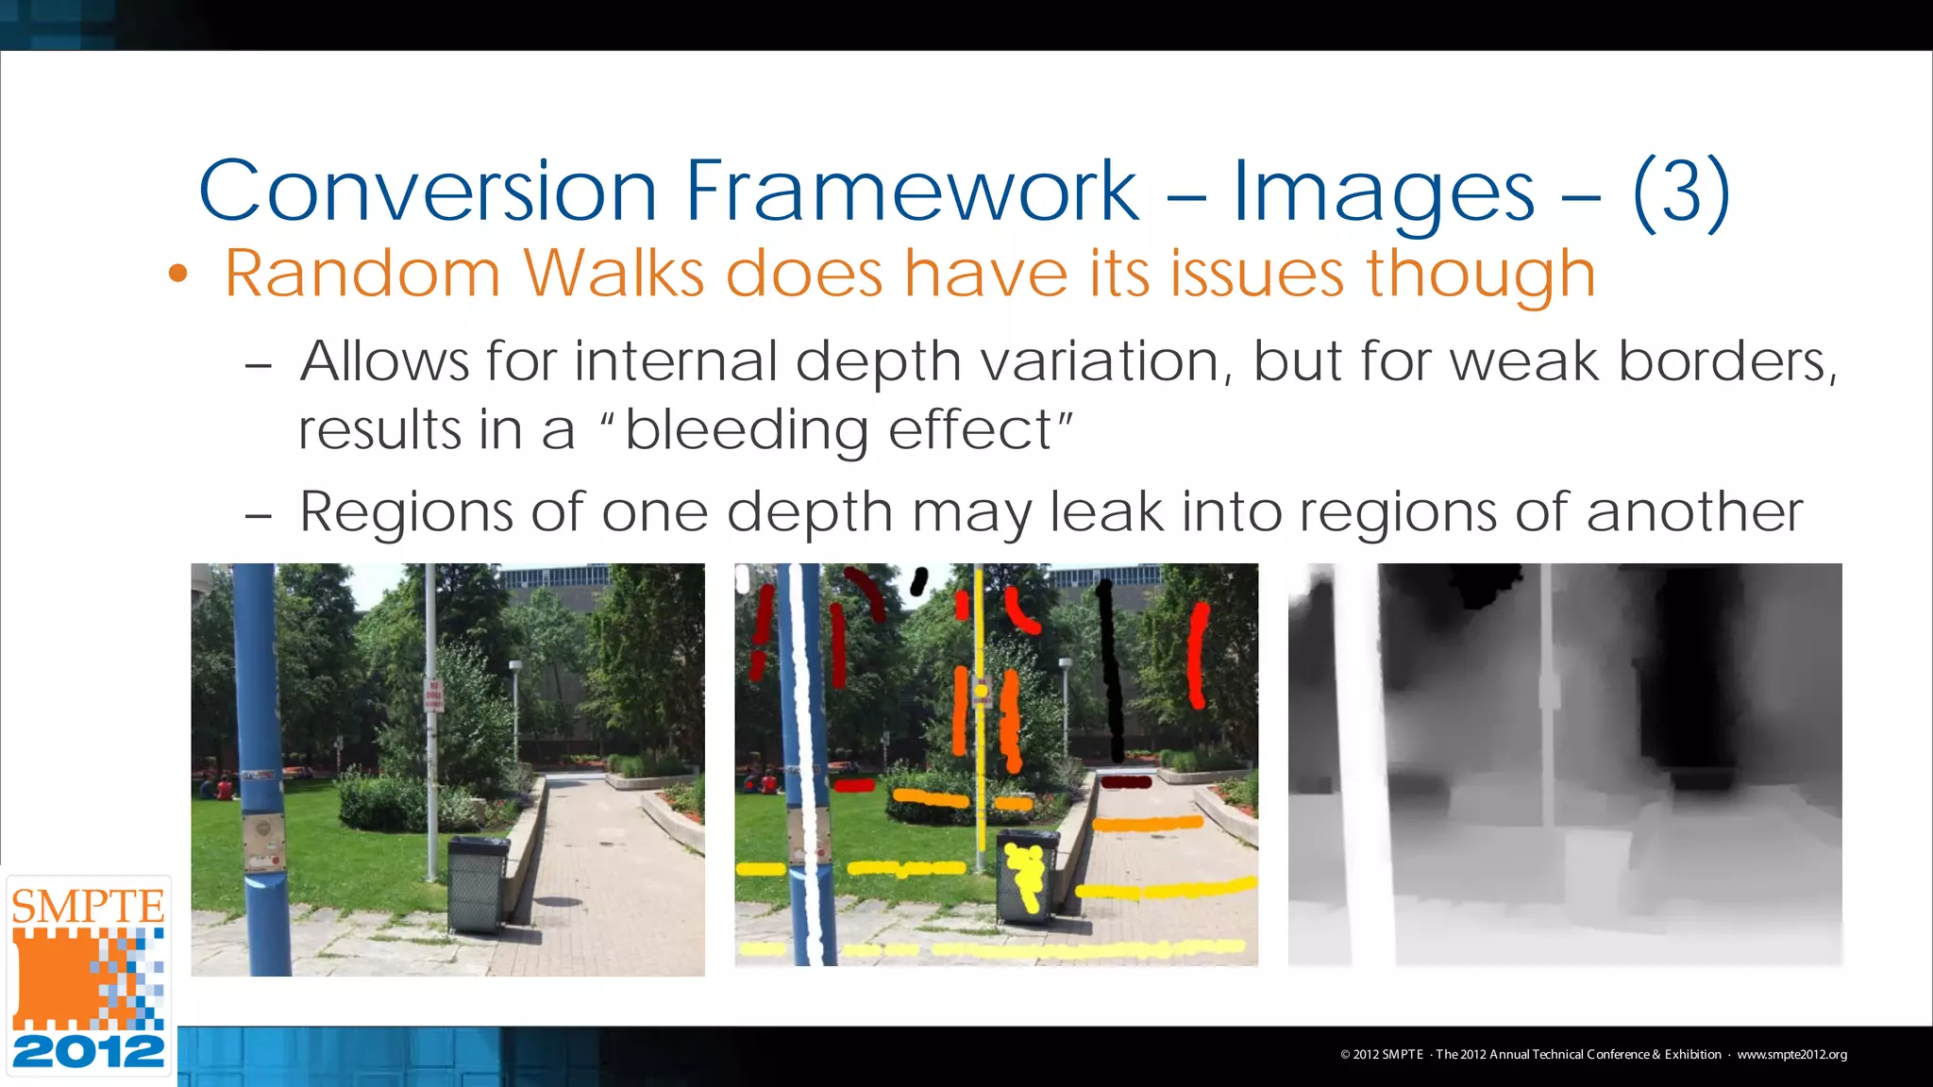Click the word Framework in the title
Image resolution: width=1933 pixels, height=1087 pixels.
[912, 191]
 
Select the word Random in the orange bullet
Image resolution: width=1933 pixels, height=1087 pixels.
[361, 274]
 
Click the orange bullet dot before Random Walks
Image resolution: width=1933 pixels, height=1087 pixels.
[178, 275]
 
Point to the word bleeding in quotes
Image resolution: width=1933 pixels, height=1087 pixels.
[746, 430]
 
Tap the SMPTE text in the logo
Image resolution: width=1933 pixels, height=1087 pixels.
[88, 907]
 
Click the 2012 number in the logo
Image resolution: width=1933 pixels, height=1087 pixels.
[88, 1051]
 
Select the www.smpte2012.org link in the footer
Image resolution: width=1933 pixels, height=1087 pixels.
[1791, 1054]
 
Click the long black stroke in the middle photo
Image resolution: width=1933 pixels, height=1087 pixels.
[1111, 670]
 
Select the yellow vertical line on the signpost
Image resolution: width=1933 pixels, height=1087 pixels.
[980, 717]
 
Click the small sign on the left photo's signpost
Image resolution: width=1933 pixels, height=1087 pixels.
[433, 694]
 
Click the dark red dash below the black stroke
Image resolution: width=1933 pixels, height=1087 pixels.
[1126, 782]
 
